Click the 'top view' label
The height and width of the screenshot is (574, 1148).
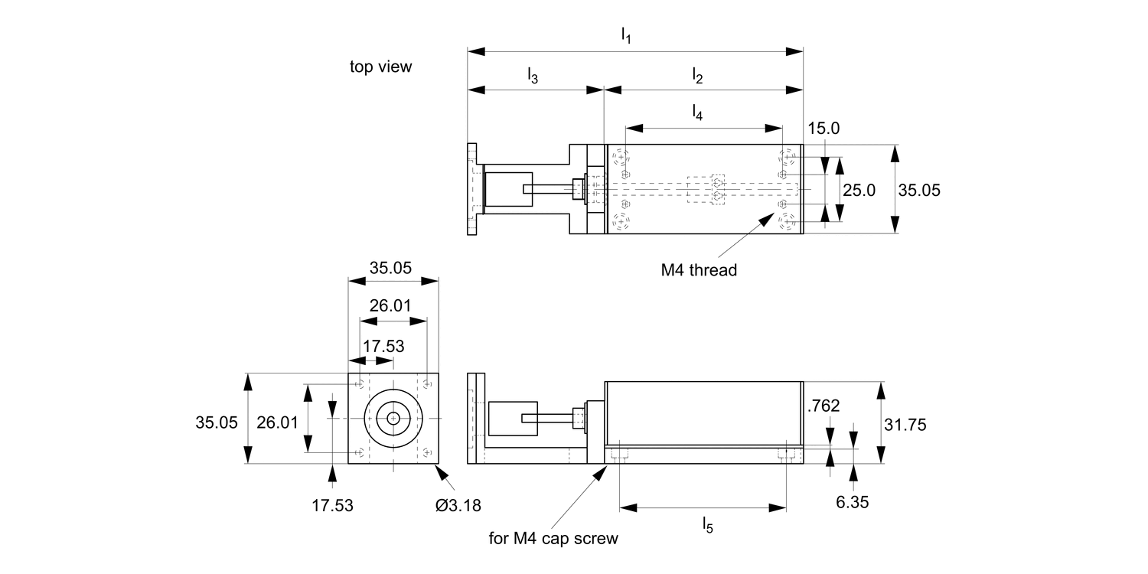click(x=380, y=67)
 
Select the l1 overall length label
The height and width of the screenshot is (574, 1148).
click(x=626, y=35)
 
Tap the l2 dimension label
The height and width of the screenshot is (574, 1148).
click(x=697, y=74)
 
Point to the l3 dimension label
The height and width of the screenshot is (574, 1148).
click(x=532, y=74)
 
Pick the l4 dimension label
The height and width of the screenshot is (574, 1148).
click(x=697, y=113)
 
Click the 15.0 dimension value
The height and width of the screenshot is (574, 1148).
click(x=823, y=128)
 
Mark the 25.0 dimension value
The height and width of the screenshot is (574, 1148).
click(x=859, y=191)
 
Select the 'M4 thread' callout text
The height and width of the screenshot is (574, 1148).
click(x=699, y=269)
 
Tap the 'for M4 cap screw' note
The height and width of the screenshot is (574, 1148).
click(x=553, y=538)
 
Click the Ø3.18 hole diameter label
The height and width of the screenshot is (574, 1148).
click(x=458, y=505)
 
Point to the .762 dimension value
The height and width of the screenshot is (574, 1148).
click(x=823, y=406)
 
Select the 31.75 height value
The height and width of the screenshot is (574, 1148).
click(x=905, y=424)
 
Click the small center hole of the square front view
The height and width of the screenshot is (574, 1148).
click(x=393, y=418)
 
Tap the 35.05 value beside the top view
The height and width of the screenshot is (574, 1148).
click(x=919, y=191)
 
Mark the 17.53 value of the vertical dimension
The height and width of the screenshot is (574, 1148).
click(x=332, y=505)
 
